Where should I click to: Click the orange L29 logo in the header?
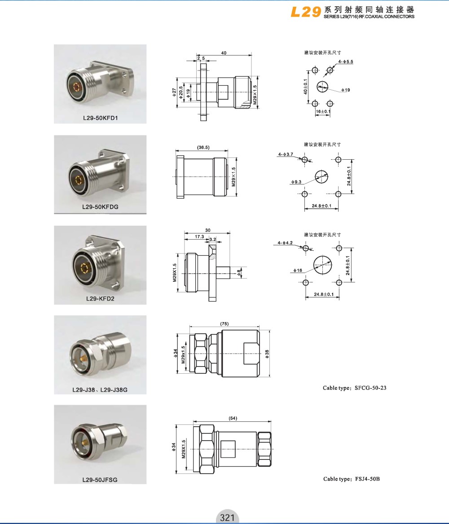[306, 12]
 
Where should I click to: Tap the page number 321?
[227, 517]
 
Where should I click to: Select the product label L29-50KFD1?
[101, 118]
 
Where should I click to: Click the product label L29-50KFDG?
[101, 207]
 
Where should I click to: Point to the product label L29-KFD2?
[101, 298]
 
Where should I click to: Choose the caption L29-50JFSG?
[100, 480]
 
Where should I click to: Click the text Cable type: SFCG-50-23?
[355, 388]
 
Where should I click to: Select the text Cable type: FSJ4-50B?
[351, 479]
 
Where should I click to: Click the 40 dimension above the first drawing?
[224, 53]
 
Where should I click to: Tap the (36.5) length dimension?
[203, 147]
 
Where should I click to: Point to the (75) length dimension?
[224, 324]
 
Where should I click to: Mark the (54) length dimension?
[233, 418]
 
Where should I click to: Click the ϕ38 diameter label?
[267, 354]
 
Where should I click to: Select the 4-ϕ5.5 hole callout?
[346, 62]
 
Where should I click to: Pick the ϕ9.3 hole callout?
[296, 182]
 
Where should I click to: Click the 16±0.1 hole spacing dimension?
[323, 112]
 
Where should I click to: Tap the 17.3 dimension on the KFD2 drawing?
[199, 236]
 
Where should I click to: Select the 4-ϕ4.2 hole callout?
[285, 243]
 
